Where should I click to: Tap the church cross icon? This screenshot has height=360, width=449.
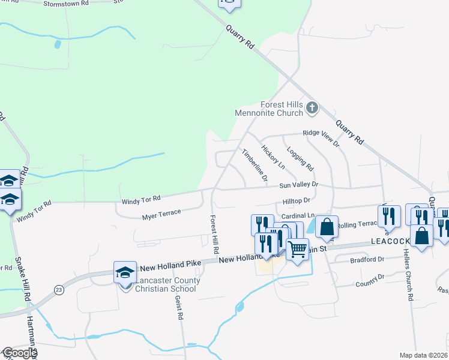(312, 108)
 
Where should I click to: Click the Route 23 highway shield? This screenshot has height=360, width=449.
(58, 290)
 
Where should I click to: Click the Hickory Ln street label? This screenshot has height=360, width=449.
(273, 154)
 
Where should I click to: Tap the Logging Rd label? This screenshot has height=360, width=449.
(300, 157)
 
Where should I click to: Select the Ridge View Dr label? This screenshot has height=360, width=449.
(321, 139)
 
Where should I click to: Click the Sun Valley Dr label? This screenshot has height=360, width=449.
(297, 185)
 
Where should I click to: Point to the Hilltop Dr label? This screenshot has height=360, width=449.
(296, 201)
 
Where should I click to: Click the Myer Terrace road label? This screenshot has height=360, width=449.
(161, 214)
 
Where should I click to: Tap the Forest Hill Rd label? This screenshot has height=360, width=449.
(214, 233)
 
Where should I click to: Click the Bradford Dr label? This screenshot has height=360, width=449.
(368, 259)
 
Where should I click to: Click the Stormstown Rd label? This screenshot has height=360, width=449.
(66, 3)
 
